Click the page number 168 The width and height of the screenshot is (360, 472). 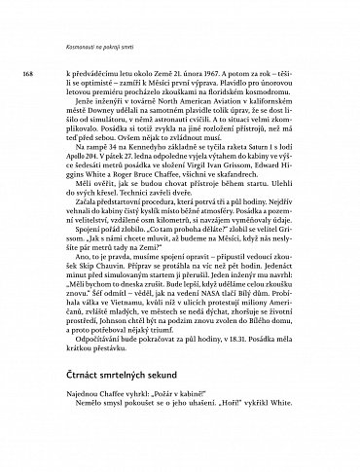(15, 74)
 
